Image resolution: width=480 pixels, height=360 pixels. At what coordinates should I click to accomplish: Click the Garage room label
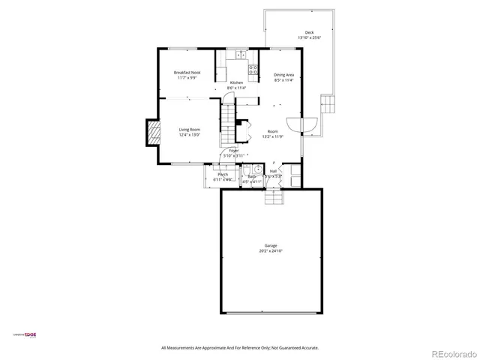click(x=271, y=246)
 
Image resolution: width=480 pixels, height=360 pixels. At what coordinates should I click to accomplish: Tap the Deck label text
click(x=309, y=33)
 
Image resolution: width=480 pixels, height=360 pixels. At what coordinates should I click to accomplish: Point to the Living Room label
click(x=189, y=130)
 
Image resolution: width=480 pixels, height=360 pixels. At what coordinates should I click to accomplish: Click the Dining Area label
click(x=283, y=75)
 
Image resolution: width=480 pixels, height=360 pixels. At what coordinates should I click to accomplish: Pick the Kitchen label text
click(x=237, y=82)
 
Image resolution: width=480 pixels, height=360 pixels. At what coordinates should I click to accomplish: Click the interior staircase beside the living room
click(x=228, y=126)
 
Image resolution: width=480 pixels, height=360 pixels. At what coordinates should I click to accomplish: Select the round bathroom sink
click(x=256, y=168)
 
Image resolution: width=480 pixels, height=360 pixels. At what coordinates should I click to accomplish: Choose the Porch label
click(x=223, y=175)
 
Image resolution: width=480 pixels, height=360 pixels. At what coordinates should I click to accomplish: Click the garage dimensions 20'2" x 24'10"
click(x=271, y=251)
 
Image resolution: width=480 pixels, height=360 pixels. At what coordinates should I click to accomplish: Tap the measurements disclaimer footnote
click(x=240, y=348)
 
